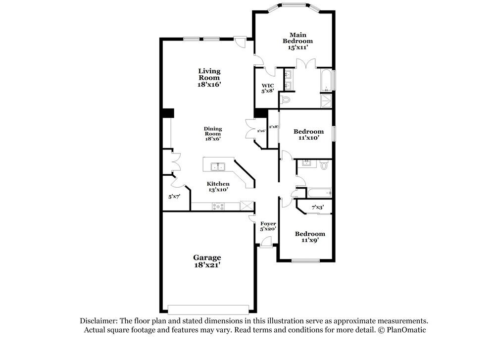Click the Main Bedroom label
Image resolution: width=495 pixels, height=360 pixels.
[298, 41]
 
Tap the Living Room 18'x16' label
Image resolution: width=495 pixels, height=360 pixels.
[209, 78]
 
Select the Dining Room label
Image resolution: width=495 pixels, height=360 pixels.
[213, 134]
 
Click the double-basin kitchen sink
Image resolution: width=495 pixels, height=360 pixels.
[217, 166]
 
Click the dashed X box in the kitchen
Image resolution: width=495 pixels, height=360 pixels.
[246, 206]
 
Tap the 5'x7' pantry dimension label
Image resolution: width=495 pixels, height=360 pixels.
[174, 197]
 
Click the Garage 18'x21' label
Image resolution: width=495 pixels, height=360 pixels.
[207, 261]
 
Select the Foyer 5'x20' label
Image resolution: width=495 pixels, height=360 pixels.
[268, 226]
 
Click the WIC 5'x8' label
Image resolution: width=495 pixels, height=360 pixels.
[268, 88]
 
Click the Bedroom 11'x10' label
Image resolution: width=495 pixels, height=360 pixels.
[308, 135]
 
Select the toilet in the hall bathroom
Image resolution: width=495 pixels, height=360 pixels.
[324, 165]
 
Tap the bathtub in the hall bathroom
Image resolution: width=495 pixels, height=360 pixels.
[320, 192]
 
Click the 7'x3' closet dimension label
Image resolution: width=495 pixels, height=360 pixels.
[317, 207]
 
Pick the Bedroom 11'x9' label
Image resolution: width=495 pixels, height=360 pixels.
[310, 237]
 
